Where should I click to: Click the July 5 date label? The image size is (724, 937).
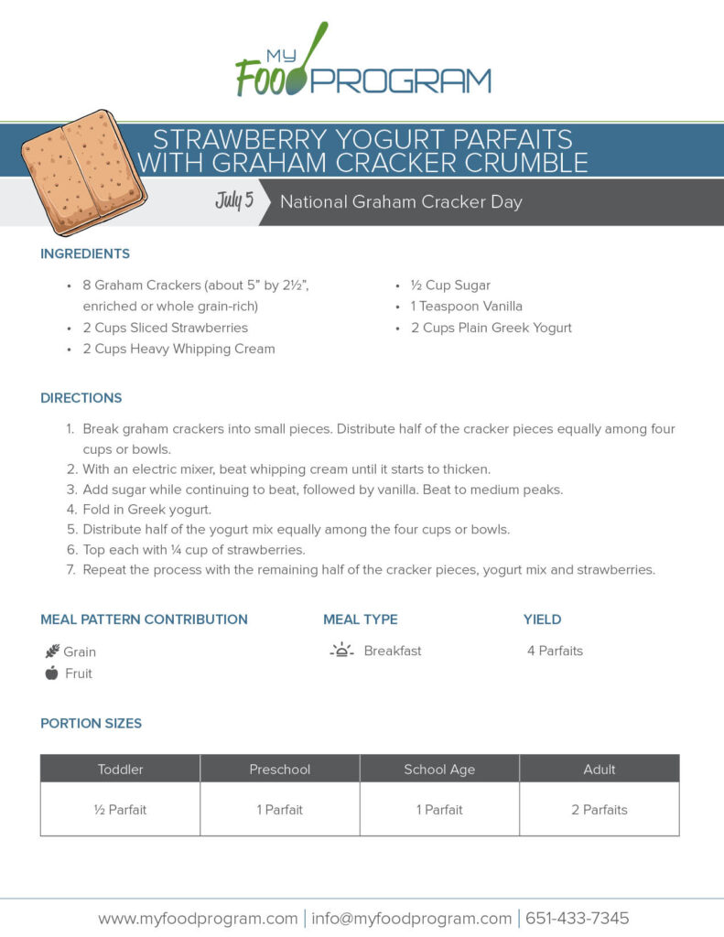pyautogui.click(x=234, y=200)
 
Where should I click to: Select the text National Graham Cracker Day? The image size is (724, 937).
pyautogui.click(x=401, y=202)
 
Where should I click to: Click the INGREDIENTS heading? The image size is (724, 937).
pyautogui.click(x=85, y=253)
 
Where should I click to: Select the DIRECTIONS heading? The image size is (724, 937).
pyautogui.click(x=81, y=398)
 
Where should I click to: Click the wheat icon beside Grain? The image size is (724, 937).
pyautogui.click(x=52, y=652)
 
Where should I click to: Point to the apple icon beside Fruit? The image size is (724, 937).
pyautogui.click(x=51, y=673)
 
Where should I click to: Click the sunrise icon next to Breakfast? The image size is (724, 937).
pyautogui.click(x=341, y=651)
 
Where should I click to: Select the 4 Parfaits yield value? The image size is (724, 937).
pyautogui.click(x=555, y=652)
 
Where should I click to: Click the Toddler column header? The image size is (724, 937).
pyautogui.click(x=121, y=769)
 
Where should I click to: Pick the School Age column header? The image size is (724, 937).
pyautogui.click(x=439, y=769)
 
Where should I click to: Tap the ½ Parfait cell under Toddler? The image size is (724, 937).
pyautogui.click(x=121, y=810)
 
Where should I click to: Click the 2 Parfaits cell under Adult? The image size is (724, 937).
pyautogui.click(x=600, y=810)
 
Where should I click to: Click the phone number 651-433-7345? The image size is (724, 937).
pyautogui.click(x=577, y=919)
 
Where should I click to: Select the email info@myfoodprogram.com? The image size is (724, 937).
pyautogui.click(x=411, y=919)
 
